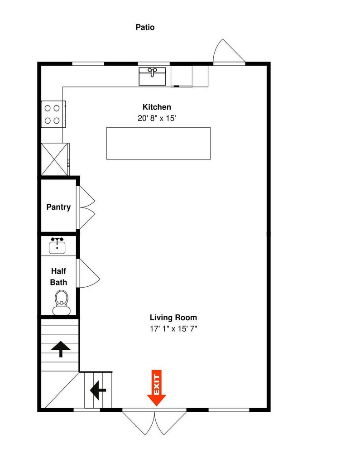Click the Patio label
click(x=145, y=28)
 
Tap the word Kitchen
click(x=157, y=107)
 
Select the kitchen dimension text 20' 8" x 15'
click(x=157, y=118)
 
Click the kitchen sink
click(x=153, y=76)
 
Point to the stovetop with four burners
click(x=53, y=114)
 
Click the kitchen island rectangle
click(x=158, y=143)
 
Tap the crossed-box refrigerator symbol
click(x=54, y=159)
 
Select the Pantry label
click(x=58, y=207)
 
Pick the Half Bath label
click(x=58, y=277)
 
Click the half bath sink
click(x=57, y=246)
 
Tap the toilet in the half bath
click(x=62, y=303)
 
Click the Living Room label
click(x=173, y=318)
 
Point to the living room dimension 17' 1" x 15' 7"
click(x=173, y=329)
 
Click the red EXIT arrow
click(x=157, y=388)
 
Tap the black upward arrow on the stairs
click(x=61, y=349)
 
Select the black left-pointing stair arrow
click(x=98, y=390)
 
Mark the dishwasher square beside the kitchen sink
click(x=182, y=76)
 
